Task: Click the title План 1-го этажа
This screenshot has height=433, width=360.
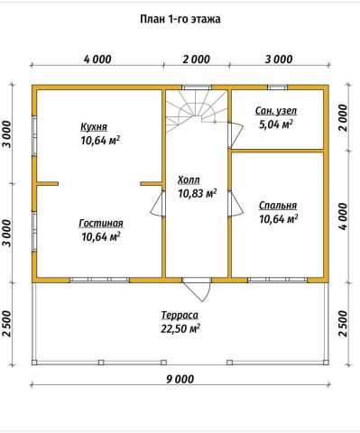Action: click(x=180, y=19)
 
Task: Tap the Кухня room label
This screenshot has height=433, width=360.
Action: click(x=94, y=127)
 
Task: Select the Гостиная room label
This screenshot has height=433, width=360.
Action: click(x=101, y=224)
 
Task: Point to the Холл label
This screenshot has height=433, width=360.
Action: click(x=189, y=180)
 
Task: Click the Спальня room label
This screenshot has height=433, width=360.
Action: click(x=278, y=206)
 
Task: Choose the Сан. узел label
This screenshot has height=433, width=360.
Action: click(x=276, y=111)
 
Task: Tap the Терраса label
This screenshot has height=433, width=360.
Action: click(x=180, y=316)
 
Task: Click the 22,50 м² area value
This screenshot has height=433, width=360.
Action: click(x=180, y=328)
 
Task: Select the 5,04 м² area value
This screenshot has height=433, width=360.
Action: click(x=276, y=124)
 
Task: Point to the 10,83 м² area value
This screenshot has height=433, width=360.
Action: click(x=198, y=193)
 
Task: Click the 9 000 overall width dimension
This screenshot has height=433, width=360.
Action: click(x=180, y=379)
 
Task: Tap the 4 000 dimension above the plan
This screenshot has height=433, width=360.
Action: click(x=97, y=60)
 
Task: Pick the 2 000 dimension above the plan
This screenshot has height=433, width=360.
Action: click(x=197, y=60)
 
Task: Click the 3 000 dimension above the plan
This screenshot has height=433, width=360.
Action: click(x=279, y=60)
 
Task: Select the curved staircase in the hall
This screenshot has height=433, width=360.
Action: click(x=196, y=110)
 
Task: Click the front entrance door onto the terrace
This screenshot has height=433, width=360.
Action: click(x=197, y=289)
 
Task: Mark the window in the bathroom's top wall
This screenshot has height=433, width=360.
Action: click(x=278, y=88)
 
